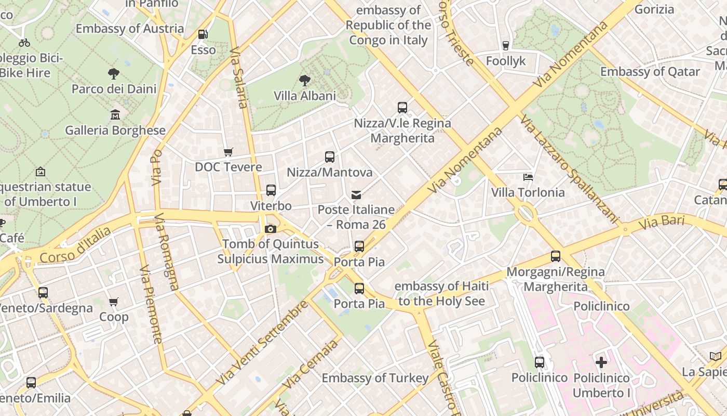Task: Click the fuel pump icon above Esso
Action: click(203, 35)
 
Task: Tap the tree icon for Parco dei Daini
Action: click(114, 74)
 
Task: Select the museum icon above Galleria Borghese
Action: click(115, 115)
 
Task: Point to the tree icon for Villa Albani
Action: click(305, 81)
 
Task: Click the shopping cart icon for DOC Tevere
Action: click(228, 152)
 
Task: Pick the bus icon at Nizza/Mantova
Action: click(330, 157)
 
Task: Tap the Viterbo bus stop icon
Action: click(271, 190)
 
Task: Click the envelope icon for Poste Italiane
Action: click(356, 195)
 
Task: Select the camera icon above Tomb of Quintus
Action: click(270, 229)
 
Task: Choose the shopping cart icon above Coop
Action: click(114, 302)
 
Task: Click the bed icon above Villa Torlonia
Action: click(528, 177)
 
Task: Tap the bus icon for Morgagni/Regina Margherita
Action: click(556, 256)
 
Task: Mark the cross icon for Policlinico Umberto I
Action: click(601, 362)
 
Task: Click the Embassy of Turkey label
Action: click(375, 378)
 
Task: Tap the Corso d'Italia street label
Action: click(75, 245)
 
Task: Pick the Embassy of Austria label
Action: click(130, 29)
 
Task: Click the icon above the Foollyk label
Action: click(506, 46)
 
